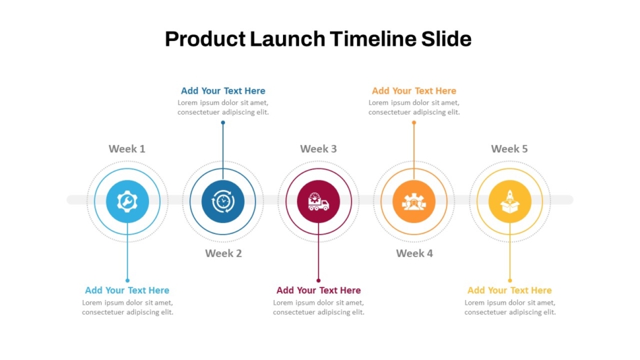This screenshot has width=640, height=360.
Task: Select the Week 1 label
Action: coord(127,149)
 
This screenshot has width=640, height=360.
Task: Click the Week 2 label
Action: coord(223,253)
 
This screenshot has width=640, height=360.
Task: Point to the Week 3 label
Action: coord(319,149)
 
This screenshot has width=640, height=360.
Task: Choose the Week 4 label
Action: coord(414,253)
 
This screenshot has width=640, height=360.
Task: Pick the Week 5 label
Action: coord(509,149)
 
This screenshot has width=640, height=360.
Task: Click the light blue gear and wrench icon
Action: coord(127,202)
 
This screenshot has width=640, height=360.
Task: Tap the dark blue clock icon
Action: coord(223,202)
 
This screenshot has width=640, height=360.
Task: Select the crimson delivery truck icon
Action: coord(319,202)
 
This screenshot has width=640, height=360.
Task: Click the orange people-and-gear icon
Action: coord(414,202)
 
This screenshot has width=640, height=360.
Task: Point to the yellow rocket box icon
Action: coord(510,202)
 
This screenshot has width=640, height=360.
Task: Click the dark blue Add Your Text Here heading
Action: coord(223,91)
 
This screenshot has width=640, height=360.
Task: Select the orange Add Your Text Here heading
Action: coord(414,91)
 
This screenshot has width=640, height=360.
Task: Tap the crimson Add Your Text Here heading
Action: coord(319,290)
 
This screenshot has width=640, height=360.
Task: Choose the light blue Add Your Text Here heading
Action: coord(127,290)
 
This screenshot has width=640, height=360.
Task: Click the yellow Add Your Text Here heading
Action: coord(509,290)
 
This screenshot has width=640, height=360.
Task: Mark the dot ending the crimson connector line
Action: coord(319,280)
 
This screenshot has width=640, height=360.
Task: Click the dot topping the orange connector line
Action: coord(414,123)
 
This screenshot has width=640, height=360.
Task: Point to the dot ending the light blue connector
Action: coord(127,280)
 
